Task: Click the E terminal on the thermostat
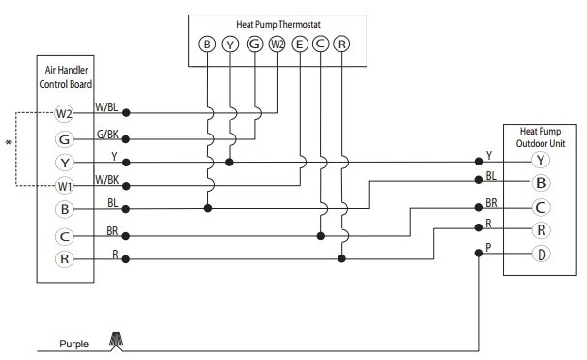pos(299,45)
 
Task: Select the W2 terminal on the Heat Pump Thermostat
pos(277,45)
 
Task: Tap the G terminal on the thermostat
pos(254,45)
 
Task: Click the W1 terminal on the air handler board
pos(64,186)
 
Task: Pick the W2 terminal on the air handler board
pos(64,113)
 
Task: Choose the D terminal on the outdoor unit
pos(541,254)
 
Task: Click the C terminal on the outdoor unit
pos(541,207)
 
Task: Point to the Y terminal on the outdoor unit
pos(541,160)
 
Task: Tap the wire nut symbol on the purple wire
pos(116,340)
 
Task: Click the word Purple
pos(74,344)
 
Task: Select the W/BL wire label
pos(106,107)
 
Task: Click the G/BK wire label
pos(107,135)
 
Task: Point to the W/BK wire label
pos(107,180)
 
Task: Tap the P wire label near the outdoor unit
pos(488,247)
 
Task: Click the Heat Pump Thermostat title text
pos(279,25)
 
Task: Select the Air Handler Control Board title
pos(66,77)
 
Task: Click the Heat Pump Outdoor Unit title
pos(541,137)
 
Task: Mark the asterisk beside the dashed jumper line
pos(9,142)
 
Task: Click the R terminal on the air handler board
pos(64,258)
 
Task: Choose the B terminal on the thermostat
pos(207,45)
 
